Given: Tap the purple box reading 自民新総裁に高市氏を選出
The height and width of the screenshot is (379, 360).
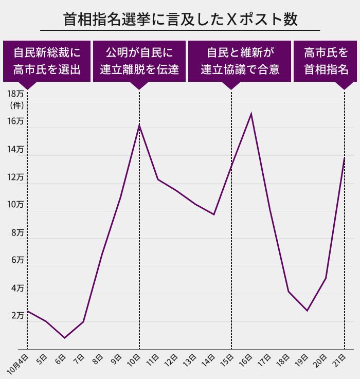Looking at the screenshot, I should coord(47,61).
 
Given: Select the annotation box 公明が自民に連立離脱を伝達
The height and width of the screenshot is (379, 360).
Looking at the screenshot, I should coord(139,61).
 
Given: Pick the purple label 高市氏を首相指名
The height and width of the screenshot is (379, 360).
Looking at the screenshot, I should coord(326,61).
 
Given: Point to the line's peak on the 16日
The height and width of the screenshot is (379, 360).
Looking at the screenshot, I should coord(250,114).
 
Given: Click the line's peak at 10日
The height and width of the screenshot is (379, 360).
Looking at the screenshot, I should coord(139,125).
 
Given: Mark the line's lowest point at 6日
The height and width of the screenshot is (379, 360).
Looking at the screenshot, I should coord(64,338).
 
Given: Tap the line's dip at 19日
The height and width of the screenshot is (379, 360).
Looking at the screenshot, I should coord(307,311).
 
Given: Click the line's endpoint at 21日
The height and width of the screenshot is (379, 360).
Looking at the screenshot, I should coord(344,158).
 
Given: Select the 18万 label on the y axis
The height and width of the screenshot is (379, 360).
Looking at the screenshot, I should coord(16,94).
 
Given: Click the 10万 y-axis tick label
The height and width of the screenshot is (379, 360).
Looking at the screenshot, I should coord(16,205).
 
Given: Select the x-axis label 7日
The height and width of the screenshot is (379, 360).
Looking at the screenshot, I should coord(79,359).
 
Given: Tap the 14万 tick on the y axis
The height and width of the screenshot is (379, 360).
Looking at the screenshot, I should coord(16,149).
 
